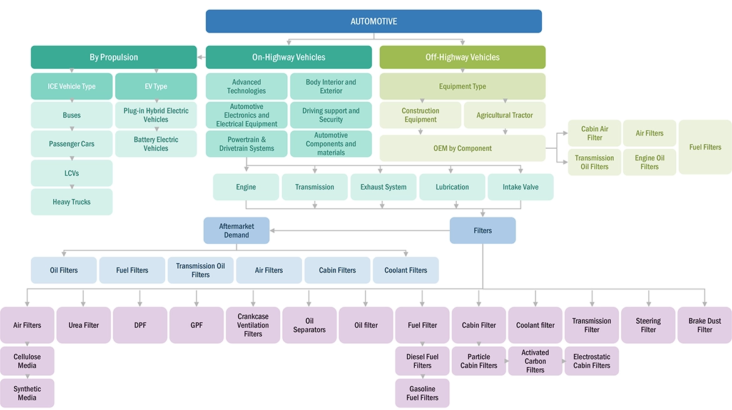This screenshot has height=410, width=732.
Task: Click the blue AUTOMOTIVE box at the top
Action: coord(374,21)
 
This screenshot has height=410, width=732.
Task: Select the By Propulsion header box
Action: coord(114,57)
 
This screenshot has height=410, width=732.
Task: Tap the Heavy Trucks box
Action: coord(71,202)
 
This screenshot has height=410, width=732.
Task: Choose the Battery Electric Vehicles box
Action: coord(156,144)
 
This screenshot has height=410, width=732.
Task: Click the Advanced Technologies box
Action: coord(247,86)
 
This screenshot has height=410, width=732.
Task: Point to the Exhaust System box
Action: coord(383,187)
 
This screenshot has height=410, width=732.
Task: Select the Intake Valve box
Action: coord(521,187)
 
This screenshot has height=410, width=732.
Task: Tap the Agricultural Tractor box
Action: coord(504,116)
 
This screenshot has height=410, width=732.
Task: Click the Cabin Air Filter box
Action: coord(594,133)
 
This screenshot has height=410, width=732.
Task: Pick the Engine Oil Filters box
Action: coord(649,162)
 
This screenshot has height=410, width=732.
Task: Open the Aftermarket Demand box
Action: coord(236,231)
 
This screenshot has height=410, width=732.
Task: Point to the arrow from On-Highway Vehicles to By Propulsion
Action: coord(201,57)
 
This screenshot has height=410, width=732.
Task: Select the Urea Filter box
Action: coord(83,325)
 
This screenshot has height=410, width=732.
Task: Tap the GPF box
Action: coord(196,325)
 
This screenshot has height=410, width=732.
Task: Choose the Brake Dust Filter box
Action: coord(704,325)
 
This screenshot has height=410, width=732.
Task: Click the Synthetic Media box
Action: coord(27,393)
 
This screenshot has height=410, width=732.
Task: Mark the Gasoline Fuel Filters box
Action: coord(422,393)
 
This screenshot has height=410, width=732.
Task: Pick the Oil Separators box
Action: coord(309,325)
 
